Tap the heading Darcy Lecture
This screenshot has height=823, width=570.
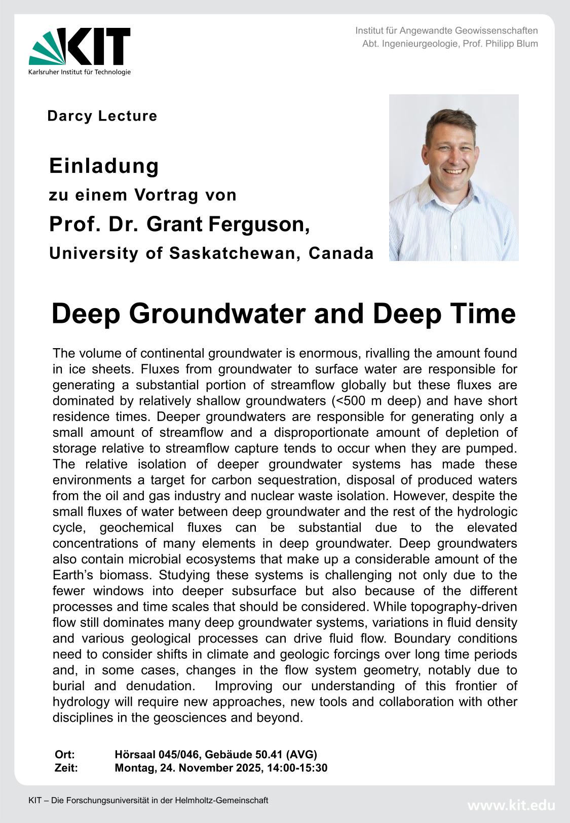pos(102,116)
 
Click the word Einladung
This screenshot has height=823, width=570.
pos(104,166)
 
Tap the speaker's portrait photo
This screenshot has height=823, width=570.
pos(453,177)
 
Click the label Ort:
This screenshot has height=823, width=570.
pos(64,755)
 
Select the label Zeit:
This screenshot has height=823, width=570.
pos(66,768)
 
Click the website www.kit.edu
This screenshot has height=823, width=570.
pos(511,805)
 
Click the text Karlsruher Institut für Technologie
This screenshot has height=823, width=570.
pos(80,72)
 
